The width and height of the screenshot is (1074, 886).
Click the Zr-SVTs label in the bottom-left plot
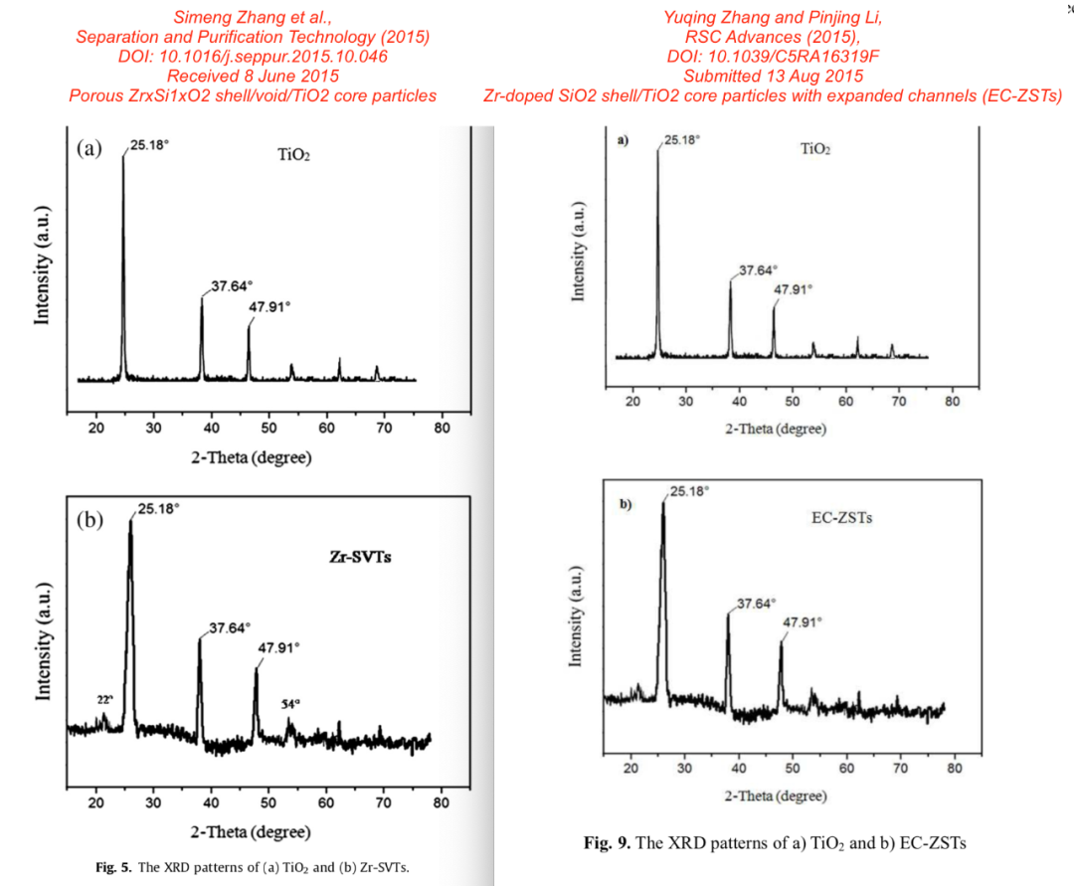(x=359, y=557)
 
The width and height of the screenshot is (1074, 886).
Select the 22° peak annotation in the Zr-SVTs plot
(x=105, y=699)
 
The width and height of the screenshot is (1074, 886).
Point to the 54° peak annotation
(x=290, y=704)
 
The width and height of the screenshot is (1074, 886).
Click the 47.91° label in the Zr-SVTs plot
(x=279, y=647)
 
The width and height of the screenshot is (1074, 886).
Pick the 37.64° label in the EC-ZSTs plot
(x=757, y=604)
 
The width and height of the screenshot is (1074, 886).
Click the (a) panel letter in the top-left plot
(x=89, y=149)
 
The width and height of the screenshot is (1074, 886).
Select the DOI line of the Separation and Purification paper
(x=253, y=57)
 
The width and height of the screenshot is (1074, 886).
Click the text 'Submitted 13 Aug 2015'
(x=773, y=77)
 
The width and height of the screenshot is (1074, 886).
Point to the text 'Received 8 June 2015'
(x=253, y=77)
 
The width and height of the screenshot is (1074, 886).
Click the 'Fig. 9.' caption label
(x=607, y=843)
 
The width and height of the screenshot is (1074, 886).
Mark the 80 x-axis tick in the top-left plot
(x=443, y=428)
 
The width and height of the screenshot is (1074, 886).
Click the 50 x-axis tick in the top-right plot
(x=793, y=402)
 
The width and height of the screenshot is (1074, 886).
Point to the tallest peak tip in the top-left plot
(x=123, y=155)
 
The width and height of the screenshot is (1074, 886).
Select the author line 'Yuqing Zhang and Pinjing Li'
(x=773, y=17)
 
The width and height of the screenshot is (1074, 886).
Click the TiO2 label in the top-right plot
(x=815, y=149)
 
